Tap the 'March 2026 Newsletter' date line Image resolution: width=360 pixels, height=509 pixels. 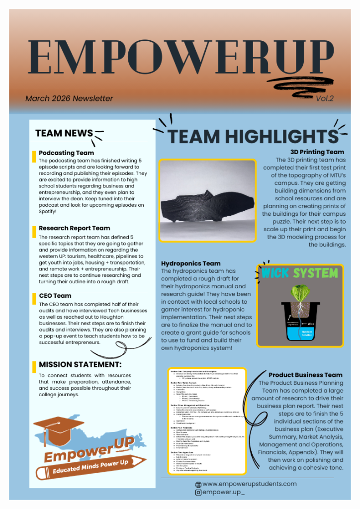pos(69,98)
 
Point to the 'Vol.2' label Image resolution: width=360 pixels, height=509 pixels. pos(324,98)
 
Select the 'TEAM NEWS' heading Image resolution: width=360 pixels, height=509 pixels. pos(64,133)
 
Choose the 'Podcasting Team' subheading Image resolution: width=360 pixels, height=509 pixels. pos(66,153)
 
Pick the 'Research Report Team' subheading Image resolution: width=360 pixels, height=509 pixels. pos(75,228)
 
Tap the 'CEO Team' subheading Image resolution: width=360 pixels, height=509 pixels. pos(55,296)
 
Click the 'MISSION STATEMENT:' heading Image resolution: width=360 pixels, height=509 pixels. pos(80,365)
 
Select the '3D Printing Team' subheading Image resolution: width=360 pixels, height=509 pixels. pos(317,152)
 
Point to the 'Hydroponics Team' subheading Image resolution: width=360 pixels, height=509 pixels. pos(191,263)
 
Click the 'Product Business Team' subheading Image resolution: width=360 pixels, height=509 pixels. pos(306,375)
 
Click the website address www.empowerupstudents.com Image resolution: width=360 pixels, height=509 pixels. pos(250,484)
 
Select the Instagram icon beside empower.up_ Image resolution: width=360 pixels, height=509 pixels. pos(198,492)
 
